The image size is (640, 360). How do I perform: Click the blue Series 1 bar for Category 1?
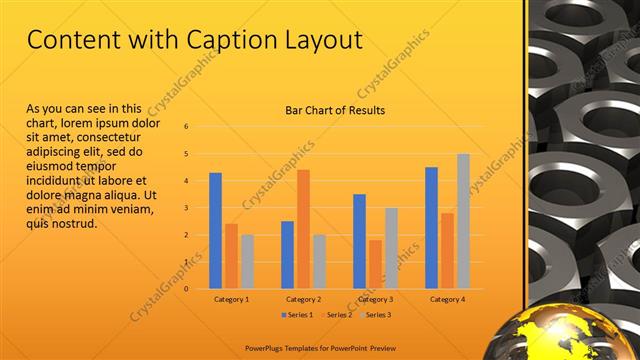pos(215,231)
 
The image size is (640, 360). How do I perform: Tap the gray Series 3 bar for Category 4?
pos(463,221)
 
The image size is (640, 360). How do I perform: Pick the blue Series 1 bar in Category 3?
pos(359,241)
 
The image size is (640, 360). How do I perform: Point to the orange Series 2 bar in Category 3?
pos(375,264)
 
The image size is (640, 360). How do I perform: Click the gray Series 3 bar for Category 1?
pos(247,262)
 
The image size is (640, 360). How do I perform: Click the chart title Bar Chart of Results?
pos(328,110)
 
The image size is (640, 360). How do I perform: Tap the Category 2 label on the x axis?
pos(303,299)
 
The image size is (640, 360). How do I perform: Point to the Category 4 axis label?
pos(447,299)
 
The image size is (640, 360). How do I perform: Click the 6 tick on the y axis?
pos(186,127)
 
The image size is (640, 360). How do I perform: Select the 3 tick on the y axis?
pos(186,208)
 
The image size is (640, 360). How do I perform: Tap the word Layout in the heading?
pos(319,40)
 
